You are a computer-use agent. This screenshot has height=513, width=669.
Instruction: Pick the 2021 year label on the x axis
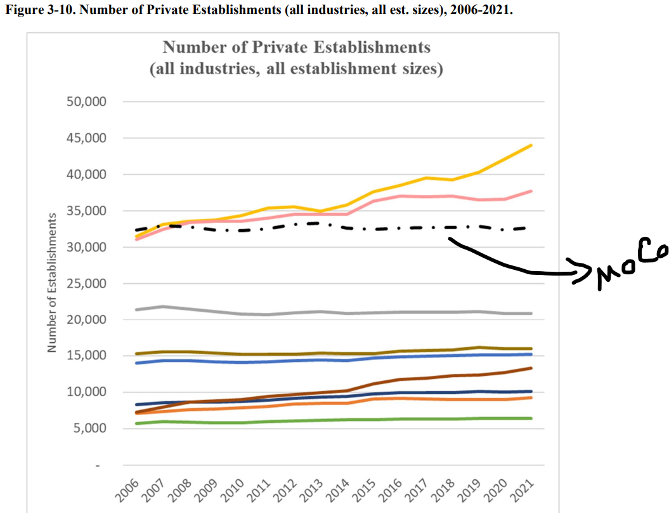point(524,490)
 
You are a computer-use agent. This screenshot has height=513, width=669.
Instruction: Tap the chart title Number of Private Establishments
point(296,48)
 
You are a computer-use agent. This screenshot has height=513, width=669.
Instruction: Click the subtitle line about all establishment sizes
point(296,69)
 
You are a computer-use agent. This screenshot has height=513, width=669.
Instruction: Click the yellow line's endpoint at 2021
point(531,145)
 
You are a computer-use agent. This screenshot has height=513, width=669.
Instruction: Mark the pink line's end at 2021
point(531,191)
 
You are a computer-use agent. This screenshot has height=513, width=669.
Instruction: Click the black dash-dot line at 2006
point(137,230)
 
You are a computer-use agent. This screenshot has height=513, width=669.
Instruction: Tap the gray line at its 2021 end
point(531,314)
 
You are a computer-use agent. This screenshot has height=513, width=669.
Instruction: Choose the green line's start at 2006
point(137,423)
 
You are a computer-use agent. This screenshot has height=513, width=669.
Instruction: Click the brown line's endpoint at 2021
point(531,368)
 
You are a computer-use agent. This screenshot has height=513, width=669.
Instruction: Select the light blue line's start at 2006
point(137,363)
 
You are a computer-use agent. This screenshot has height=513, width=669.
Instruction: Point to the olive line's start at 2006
point(137,354)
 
